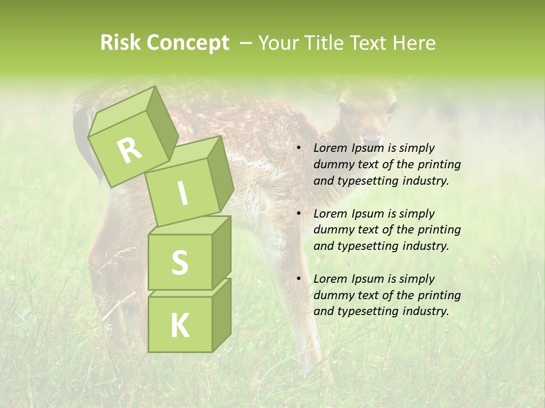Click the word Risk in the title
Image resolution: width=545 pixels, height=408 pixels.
click(x=120, y=43)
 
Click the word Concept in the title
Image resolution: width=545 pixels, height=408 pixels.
click(x=187, y=43)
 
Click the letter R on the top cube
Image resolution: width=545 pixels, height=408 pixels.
click(x=129, y=150)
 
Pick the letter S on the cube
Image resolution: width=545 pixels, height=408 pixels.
click(x=179, y=263)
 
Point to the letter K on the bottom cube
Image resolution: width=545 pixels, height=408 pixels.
click(x=179, y=325)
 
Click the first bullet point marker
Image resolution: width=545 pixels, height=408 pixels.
click(x=299, y=148)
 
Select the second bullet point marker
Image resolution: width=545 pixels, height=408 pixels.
click(x=299, y=214)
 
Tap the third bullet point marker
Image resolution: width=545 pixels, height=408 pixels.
click(x=299, y=279)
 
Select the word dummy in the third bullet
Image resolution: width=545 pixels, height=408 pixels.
click(x=333, y=295)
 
